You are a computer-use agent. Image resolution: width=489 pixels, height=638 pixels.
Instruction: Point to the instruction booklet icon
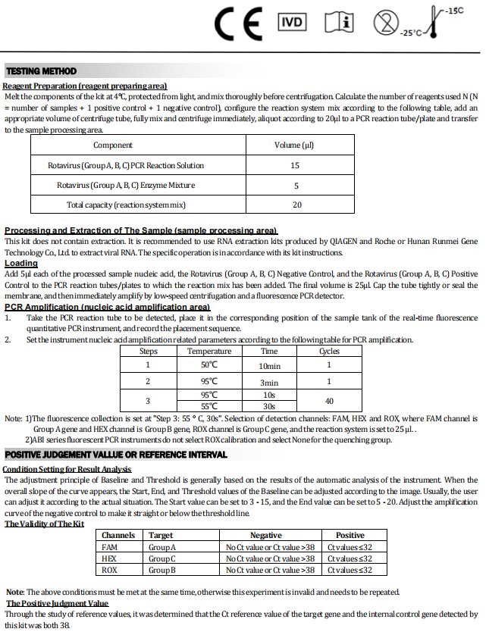pos(339,23)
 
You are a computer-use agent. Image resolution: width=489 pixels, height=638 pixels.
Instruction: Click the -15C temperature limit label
pos(454,10)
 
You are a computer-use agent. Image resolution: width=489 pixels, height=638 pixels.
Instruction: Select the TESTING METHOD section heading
pos(41,71)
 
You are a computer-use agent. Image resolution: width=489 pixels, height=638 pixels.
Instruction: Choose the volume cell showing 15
pos(295,165)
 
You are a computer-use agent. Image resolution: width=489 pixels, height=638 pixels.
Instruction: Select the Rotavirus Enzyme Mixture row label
pos(126,185)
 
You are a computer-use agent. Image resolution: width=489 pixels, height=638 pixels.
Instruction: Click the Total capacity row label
pos(126,205)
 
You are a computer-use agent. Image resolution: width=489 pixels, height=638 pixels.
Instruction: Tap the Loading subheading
pos(21,263)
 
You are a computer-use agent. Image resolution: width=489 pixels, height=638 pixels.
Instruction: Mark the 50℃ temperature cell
pos(209,365)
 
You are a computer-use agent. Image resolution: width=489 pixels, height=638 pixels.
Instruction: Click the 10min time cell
pos(269,365)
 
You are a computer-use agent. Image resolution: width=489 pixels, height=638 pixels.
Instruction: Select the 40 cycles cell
pos(329,400)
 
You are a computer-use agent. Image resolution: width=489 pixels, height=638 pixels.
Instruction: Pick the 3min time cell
pos(269,382)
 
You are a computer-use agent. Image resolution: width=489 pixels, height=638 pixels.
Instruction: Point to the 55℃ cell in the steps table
pos(209,406)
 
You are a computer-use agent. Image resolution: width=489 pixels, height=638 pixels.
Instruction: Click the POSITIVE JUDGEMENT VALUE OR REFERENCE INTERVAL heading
pos(116,455)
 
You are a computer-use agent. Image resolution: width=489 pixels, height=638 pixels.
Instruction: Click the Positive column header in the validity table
pos(350,535)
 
